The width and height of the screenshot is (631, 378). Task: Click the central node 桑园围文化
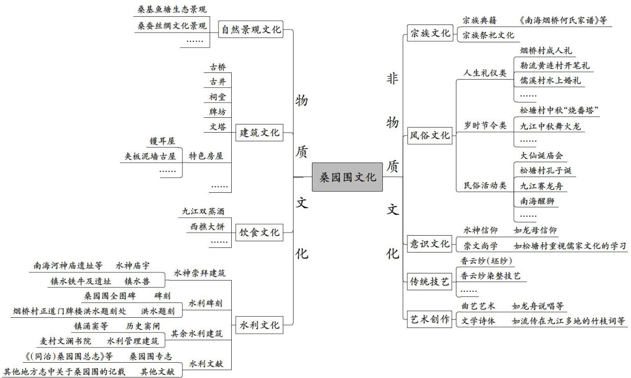(x=347, y=178)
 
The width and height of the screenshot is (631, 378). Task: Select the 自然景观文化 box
(x=250, y=30)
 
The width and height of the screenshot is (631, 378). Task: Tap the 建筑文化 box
(x=259, y=133)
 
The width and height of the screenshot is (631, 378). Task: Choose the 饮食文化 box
(x=259, y=233)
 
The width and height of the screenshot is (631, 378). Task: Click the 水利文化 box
(x=259, y=325)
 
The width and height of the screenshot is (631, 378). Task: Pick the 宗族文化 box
(x=430, y=34)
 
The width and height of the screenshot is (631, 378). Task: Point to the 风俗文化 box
(x=430, y=136)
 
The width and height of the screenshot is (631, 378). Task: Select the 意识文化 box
(x=430, y=243)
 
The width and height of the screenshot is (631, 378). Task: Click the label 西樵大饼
(x=207, y=226)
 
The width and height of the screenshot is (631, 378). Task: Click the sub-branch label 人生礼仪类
(x=484, y=73)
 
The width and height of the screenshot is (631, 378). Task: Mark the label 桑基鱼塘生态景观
(x=172, y=10)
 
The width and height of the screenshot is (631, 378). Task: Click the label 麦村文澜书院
(x=66, y=341)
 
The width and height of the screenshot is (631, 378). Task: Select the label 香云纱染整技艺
(x=490, y=276)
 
